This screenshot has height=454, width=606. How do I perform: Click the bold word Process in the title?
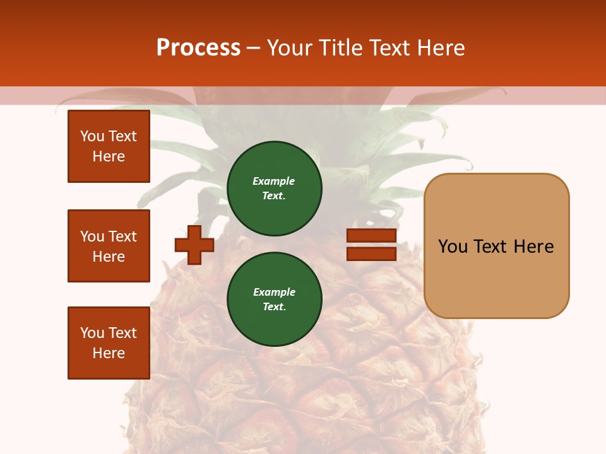[198, 48]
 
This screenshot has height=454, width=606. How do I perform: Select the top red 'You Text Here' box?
[109, 146]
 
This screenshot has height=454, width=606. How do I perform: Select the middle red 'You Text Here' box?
[109, 246]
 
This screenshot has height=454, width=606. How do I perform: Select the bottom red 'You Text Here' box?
[109, 343]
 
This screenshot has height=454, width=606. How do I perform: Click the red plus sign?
[194, 245]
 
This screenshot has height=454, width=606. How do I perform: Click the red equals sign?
[371, 245]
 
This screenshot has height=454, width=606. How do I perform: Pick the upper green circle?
[275, 189]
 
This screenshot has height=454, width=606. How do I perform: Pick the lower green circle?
[275, 300]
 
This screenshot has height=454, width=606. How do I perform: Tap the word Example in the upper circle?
[274, 181]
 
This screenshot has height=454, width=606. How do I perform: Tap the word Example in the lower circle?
[274, 292]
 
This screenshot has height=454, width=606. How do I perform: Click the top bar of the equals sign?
[371, 236]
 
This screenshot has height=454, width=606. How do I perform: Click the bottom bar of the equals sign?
[371, 254]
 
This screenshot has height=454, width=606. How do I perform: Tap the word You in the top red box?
[92, 136]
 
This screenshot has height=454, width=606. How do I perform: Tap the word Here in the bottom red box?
[109, 353]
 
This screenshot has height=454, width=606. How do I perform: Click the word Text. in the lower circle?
[274, 307]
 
